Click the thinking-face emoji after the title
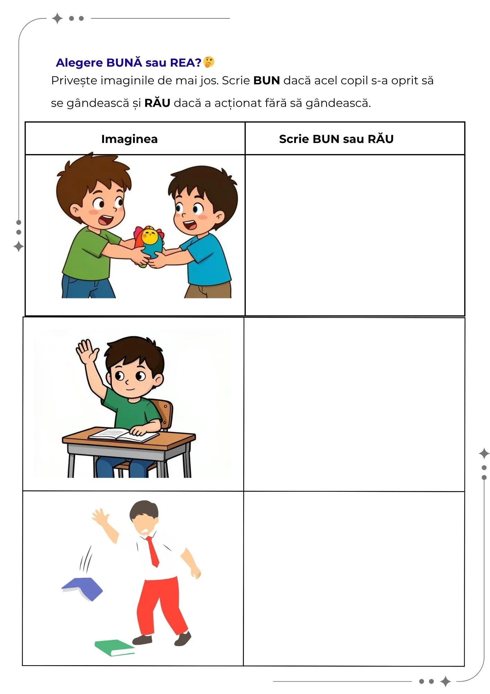(x=209, y=62)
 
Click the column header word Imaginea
(x=129, y=139)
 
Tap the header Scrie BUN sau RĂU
(x=336, y=139)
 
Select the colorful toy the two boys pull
(x=149, y=245)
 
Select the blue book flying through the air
(x=82, y=589)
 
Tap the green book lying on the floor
(x=114, y=648)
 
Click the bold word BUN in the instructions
(x=266, y=81)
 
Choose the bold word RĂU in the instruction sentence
(x=157, y=103)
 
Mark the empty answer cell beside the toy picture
(x=355, y=235)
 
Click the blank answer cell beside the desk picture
(x=354, y=404)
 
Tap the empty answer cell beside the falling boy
(x=354, y=578)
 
